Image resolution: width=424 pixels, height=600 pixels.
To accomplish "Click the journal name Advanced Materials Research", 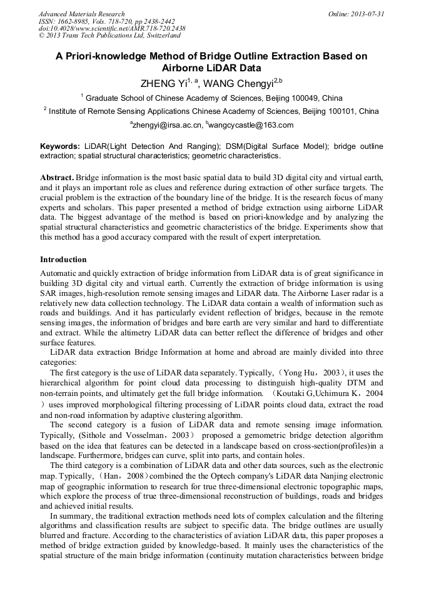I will pos(81,14).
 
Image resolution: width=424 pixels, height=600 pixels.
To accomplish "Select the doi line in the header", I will pos(112,28).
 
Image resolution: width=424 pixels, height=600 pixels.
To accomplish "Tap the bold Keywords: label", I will pos(59,146).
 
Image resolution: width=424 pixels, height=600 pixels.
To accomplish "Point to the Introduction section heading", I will pos(63,259).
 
